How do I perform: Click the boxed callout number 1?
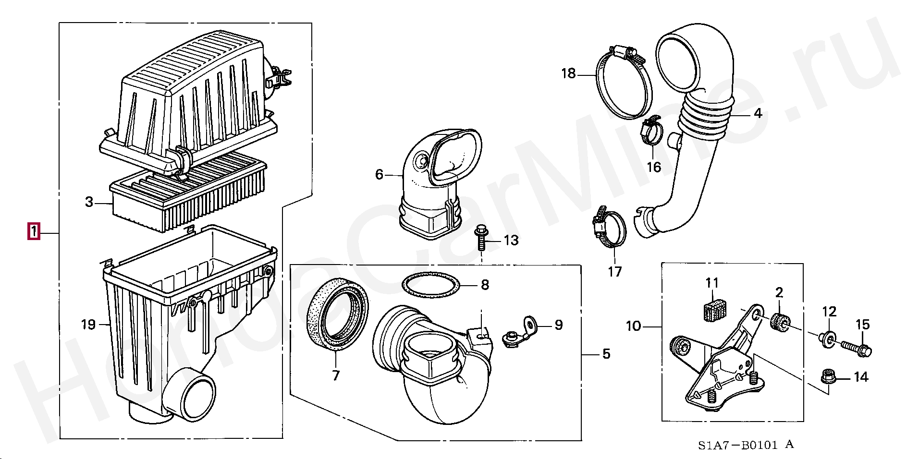pos(33,231)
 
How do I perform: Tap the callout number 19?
pos(88,325)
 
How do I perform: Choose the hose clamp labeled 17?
pos(610,230)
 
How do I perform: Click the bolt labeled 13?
pos(481,237)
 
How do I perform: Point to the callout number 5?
pos(606,354)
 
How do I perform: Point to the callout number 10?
pos(633,326)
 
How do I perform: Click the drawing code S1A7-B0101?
pos(738,445)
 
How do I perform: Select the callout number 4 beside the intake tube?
pos(758,114)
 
